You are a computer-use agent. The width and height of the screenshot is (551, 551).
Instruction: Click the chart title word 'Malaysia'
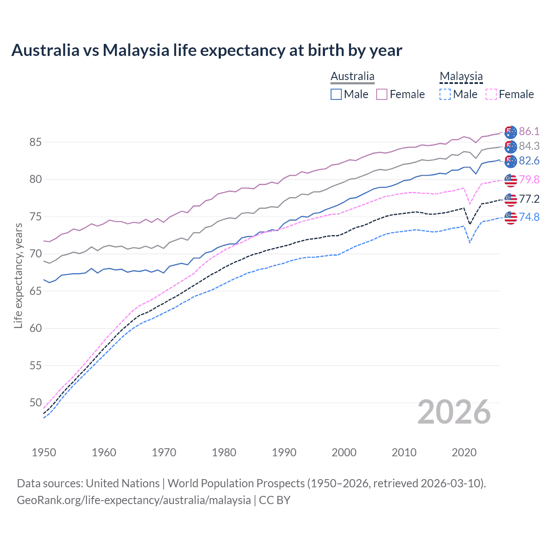[136, 50]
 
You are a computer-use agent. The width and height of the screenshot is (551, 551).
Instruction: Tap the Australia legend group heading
[353, 77]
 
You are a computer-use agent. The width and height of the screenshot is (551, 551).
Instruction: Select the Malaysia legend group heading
[461, 77]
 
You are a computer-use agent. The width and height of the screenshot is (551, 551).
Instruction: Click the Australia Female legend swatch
[382, 94]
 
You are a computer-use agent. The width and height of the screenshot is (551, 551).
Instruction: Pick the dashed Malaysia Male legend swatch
[445, 94]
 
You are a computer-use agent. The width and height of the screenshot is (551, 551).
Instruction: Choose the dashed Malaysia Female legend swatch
[491, 94]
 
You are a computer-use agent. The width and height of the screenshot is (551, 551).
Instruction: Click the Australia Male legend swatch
[336, 94]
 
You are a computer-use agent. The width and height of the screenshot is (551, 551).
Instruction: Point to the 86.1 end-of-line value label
[529, 131]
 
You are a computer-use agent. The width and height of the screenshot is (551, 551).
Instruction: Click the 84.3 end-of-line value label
[529, 146]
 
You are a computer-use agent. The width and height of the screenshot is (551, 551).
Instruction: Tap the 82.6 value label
[529, 161]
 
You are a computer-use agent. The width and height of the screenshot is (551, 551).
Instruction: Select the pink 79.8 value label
[529, 180]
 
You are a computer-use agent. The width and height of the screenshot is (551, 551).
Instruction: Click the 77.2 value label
[529, 199]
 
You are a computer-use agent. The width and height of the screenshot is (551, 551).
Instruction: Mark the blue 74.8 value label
[529, 217]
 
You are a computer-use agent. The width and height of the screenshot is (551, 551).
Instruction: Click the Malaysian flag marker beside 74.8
[511, 217]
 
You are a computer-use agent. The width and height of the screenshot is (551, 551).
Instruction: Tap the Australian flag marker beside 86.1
[511, 132]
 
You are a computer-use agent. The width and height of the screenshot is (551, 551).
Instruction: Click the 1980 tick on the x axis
[224, 452]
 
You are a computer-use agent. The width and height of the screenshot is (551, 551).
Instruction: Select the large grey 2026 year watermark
[454, 412]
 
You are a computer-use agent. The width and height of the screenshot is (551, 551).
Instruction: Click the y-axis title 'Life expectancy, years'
[18, 275]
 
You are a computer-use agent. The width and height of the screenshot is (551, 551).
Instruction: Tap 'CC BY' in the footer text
[275, 500]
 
